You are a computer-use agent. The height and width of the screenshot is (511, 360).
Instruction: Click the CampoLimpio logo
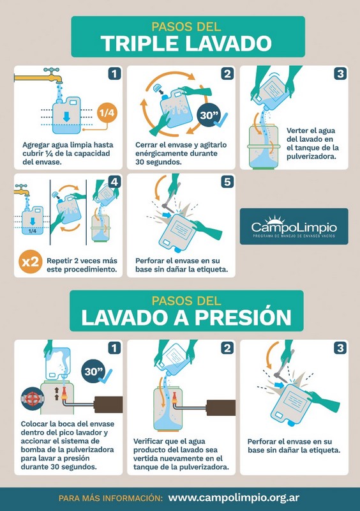pyautogui.click(x=294, y=226)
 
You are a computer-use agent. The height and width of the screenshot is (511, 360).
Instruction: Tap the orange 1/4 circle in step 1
pyautogui.click(x=107, y=113)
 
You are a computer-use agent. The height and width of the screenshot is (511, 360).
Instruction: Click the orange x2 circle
pyautogui.click(x=30, y=261)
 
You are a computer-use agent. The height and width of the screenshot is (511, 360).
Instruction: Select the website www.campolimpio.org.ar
pyautogui.click(x=234, y=498)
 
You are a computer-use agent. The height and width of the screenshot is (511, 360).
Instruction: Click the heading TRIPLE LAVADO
pyautogui.click(x=186, y=43)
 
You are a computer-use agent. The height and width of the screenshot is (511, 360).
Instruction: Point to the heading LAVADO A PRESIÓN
pyautogui.click(x=186, y=317)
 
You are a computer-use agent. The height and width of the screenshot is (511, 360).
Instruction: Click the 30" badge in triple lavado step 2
pyautogui.click(x=209, y=115)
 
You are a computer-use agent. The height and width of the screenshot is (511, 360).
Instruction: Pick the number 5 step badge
pyautogui.click(x=227, y=182)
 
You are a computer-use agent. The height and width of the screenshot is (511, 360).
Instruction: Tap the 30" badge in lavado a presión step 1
pyautogui.click(x=94, y=372)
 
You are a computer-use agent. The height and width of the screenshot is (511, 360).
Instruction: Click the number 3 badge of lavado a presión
pyautogui.click(x=340, y=348)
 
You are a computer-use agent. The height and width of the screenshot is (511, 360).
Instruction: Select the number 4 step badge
pyautogui.click(x=114, y=182)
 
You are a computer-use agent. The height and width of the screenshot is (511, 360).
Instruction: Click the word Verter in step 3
pyautogui.click(x=297, y=131)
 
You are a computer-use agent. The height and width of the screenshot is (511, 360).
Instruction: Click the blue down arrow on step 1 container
pyautogui.click(x=66, y=117)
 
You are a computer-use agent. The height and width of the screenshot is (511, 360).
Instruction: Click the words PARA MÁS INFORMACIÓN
pyautogui.click(x=110, y=498)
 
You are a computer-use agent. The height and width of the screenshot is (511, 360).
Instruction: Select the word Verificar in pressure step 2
pyautogui.click(x=147, y=441)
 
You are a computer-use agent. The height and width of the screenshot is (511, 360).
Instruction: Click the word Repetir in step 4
pyautogui.click(x=58, y=261)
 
